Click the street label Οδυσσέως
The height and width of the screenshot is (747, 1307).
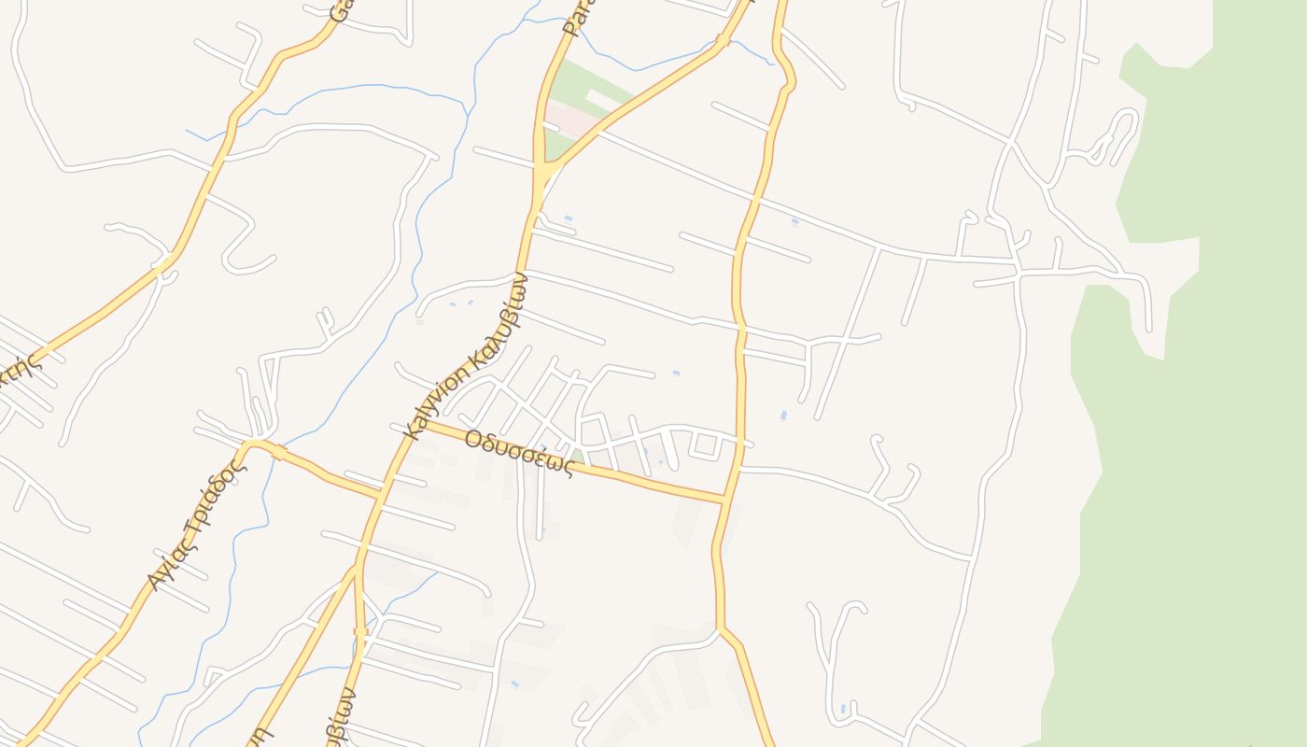point(518,453)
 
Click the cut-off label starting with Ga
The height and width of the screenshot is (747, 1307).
point(342,11)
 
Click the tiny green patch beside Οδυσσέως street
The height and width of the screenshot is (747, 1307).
point(579,457)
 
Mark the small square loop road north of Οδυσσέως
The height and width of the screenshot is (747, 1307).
point(706,446)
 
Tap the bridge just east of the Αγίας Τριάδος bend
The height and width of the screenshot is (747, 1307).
point(279,454)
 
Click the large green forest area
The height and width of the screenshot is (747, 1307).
point(1214,420)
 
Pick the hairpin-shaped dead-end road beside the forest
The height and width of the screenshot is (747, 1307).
point(1117,135)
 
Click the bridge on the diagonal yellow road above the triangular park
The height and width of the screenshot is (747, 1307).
point(722,41)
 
